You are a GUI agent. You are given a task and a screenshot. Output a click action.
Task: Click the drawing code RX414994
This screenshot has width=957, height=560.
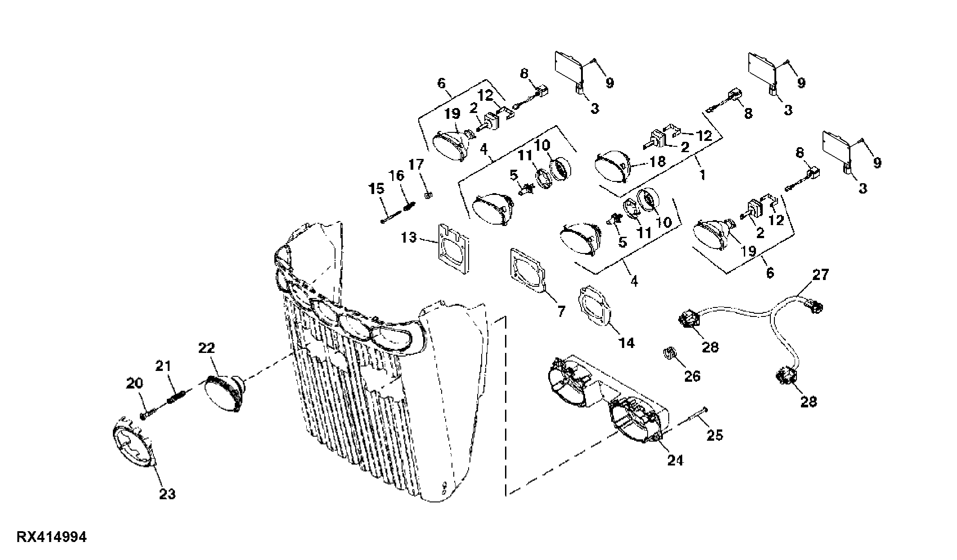[52, 537]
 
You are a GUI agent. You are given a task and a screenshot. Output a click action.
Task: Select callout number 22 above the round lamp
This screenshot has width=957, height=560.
[206, 348]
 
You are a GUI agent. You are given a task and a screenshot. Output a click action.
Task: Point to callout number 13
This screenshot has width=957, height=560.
[409, 237]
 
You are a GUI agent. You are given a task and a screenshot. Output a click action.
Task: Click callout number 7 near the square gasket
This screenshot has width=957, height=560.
[561, 311]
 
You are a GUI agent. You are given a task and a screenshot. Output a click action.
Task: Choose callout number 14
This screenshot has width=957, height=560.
[626, 343]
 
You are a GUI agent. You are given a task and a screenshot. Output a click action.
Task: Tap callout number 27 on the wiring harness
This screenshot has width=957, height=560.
[820, 275]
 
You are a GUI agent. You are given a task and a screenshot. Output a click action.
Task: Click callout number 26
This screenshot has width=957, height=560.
[692, 376]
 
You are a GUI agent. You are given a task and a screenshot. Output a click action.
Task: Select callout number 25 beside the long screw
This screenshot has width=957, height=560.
[715, 435]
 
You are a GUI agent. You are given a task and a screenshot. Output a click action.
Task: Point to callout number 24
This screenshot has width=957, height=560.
[675, 460]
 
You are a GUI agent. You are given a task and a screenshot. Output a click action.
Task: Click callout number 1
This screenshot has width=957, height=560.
[702, 175]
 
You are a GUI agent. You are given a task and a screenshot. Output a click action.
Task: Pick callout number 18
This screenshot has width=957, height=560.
[657, 161]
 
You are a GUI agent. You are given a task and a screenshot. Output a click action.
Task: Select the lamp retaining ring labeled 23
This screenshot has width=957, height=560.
[134, 443]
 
